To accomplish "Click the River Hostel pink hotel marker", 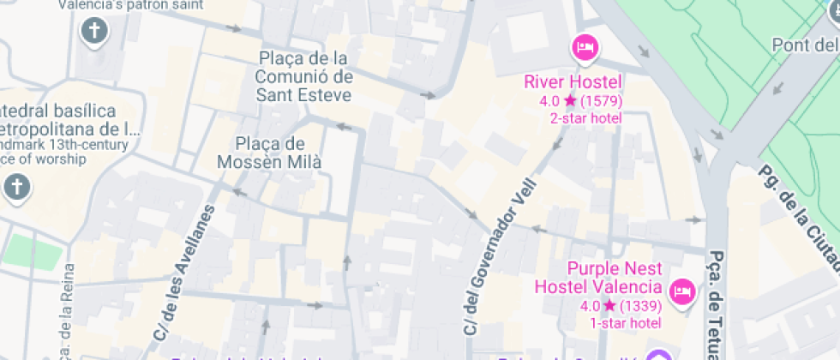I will pos(585,47).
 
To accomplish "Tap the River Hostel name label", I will pos(573,82).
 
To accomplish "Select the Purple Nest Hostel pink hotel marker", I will pos(682,291).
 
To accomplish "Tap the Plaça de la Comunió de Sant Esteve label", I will pos(303,76).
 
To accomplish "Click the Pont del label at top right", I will pos(805,45).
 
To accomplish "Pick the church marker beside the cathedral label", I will pos(15,187).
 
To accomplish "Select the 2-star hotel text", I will pos(585,118).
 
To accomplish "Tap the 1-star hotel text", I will pos(626,322).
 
